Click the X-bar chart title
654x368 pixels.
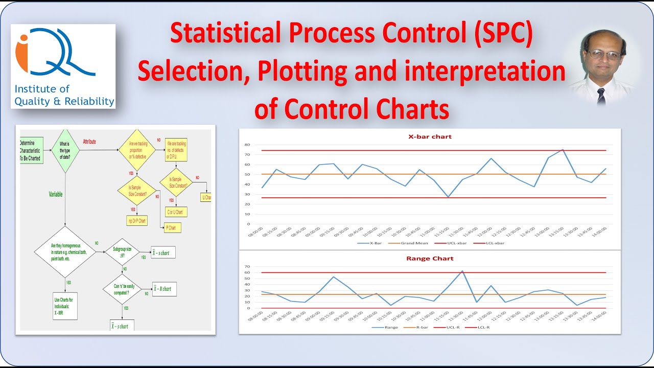(x=429, y=136)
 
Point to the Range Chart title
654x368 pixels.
(x=430, y=259)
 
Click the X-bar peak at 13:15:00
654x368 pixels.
(x=563, y=150)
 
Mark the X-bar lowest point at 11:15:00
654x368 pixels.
(x=448, y=197)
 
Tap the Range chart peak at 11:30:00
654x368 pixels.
(x=462, y=271)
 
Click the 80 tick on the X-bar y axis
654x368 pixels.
(x=248, y=145)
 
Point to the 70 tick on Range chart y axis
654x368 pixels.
(x=248, y=266)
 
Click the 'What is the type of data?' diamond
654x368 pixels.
(x=65, y=151)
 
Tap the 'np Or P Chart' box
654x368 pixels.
(x=136, y=221)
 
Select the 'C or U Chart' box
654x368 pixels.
(x=174, y=212)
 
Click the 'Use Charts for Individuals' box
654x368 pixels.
(x=65, y=305)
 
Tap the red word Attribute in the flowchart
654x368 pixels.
(x=89, y=142)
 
